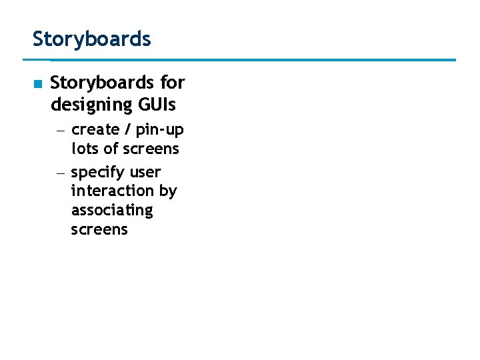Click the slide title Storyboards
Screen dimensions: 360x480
click(x=92, y=39)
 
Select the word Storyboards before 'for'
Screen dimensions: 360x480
click(x=103, y=83)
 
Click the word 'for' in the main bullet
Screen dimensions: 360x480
click(x=173, y=83)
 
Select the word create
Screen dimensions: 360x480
click(x=95, y=129)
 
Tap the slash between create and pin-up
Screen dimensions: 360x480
click(x=127, y=129)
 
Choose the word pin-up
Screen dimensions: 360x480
click(x=160, y=130)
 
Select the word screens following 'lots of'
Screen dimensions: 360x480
click(x=151, y=149)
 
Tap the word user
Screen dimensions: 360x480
click(x=145, y=172)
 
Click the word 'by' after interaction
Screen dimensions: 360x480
click(x=168, y=191)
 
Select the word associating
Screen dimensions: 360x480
click(x=111, y=211)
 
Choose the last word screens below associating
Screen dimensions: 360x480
click(x=99, y=230)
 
